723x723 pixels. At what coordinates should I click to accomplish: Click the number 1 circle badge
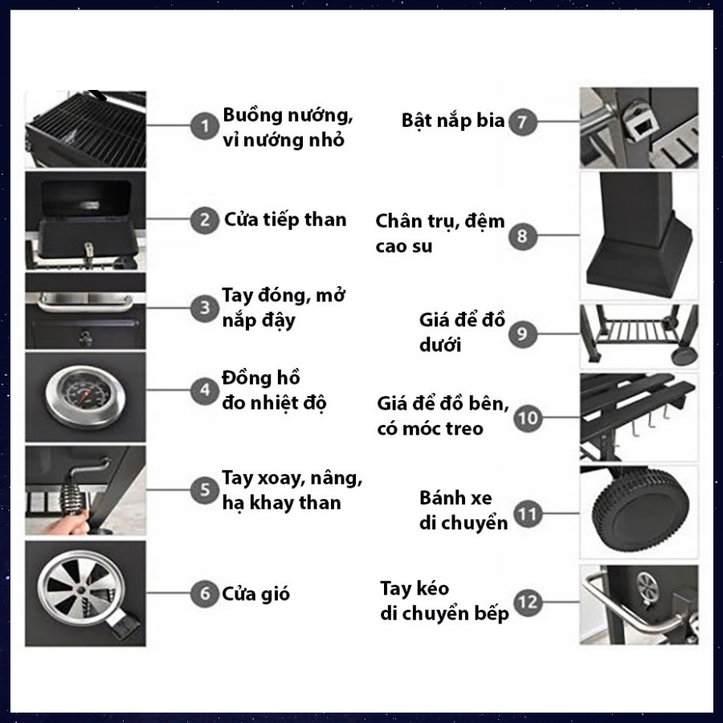205,125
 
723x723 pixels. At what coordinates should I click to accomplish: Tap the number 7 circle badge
522,122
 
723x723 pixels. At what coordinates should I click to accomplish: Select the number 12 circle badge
528,601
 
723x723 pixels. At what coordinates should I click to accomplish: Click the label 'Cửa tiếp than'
285,219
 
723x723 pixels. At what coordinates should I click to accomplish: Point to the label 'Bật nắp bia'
453,120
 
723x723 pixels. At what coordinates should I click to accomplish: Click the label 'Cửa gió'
256,594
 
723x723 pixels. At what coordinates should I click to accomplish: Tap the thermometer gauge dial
85,395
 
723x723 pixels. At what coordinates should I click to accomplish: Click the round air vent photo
85,594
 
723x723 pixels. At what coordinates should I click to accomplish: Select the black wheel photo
639,512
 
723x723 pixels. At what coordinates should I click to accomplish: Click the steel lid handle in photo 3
85,302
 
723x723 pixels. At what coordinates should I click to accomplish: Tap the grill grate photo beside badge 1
85,129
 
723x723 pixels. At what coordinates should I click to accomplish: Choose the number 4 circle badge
205,390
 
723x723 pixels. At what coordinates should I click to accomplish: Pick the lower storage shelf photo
639,335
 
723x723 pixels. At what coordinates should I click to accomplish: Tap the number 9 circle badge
523,334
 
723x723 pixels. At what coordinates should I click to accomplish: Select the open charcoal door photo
85,220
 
